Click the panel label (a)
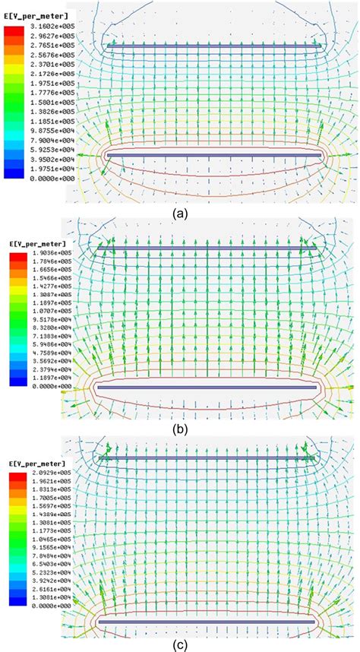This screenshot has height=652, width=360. pos(180,214)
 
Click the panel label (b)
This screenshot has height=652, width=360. pos(180,428)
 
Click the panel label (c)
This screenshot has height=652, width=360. pos(180,645)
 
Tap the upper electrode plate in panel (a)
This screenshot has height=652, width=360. pos(215,46)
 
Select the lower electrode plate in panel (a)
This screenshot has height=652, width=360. pos(215,155)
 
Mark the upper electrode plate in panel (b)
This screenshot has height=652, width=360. pos(206,247)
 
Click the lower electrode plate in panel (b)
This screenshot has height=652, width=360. pos(206,387)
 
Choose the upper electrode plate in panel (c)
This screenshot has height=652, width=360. pos(206,458)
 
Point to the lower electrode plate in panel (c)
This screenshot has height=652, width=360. pos(206,621)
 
